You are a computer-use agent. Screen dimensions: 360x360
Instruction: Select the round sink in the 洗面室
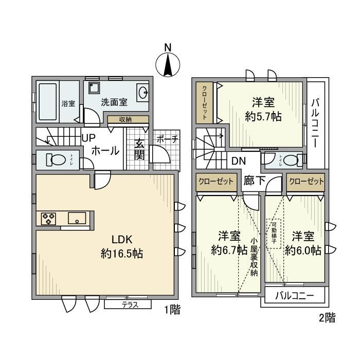[x=142, y=94]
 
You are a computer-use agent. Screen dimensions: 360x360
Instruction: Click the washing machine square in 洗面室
[x=93, y=88]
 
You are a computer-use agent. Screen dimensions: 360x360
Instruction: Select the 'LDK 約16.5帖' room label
[x=121, y=246]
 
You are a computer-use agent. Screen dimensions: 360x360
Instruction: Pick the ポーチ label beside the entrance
[x=168, y=139]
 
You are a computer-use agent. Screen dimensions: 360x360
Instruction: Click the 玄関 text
[x=139, y=149]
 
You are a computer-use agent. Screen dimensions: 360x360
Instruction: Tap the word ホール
[x=105, y=151]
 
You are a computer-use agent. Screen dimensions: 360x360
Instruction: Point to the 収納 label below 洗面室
[x=125, y=119]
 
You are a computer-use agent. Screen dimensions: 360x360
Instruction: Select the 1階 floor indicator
[x=172, y=311]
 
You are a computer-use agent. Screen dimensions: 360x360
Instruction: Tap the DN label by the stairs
[x=238, y=160]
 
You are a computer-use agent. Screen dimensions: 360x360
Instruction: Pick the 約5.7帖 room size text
[x=263, y=116]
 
